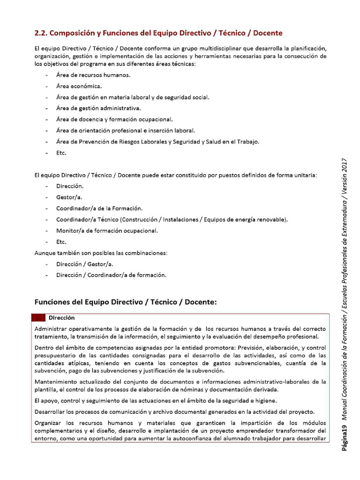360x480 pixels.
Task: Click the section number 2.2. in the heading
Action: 41,33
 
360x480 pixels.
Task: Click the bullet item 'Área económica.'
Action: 79,86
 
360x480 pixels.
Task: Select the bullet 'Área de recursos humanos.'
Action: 93,75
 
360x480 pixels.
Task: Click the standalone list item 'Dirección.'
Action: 70,186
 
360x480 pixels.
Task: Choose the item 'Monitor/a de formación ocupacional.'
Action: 107,231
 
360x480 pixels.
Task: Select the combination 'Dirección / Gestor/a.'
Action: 84,264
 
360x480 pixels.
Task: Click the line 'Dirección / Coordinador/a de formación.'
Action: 111,275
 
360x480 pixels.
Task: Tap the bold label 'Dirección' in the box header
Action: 61,318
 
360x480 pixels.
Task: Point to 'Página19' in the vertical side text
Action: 345,435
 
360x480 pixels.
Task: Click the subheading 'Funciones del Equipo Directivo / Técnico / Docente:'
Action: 126,302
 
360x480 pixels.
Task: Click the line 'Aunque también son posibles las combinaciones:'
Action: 101,253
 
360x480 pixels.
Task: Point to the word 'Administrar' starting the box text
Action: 50,329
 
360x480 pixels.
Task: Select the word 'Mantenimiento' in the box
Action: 56,382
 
